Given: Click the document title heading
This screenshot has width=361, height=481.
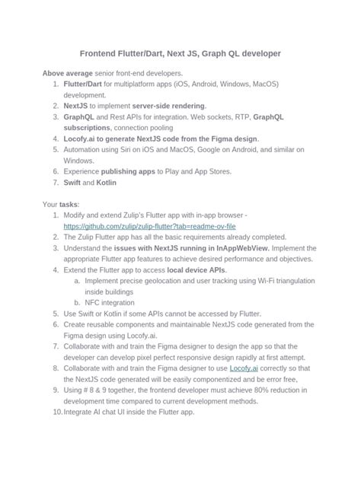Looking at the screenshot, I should [180, 54].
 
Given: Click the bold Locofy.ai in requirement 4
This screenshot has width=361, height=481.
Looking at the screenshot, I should [81, 139].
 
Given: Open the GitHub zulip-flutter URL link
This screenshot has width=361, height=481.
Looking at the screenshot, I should [150, 227].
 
